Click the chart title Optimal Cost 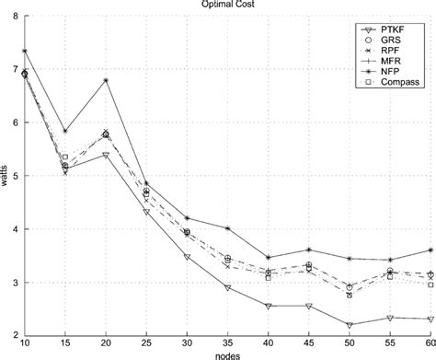[x=218, y=5]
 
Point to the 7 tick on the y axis [x=16, y=69]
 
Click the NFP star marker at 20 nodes [x=106, y=80]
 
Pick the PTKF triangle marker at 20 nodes [x=106, y=155]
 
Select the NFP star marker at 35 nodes [x=227, y=228]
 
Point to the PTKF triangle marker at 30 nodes [x=187, y=257]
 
